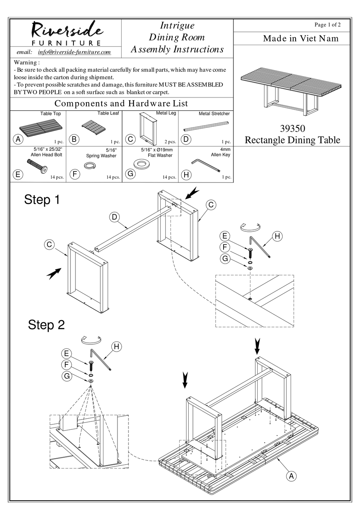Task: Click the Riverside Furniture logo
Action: point(66,33)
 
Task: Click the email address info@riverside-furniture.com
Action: point(74,52)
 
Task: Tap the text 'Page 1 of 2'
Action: point(327,25)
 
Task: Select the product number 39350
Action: point(292,129)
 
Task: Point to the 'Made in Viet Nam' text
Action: point(301,38)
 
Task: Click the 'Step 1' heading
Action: point(42,200)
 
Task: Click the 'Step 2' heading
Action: point(46,325)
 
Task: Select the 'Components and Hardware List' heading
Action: point(121,104)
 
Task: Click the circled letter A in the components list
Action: point(18,139)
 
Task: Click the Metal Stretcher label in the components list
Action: point(214,113)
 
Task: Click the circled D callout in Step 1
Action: point(114,217)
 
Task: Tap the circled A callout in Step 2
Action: point(291,476)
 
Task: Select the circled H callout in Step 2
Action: point(116,346)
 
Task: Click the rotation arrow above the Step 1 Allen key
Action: point(251,227)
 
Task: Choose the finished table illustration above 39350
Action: point(292,91)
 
